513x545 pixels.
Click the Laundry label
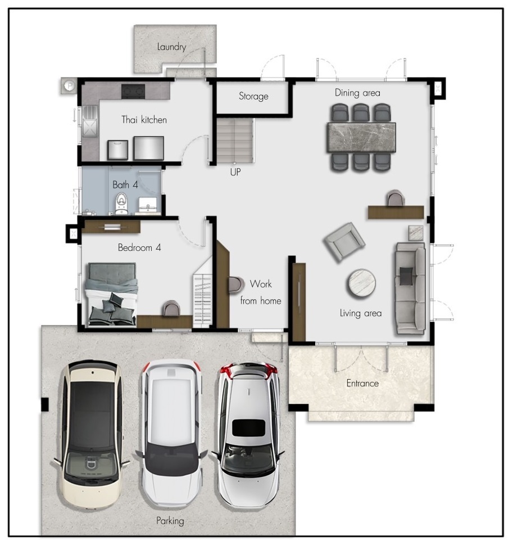coord(171,47)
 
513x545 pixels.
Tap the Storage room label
coord(253,96)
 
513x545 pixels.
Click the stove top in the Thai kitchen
coord(133,91)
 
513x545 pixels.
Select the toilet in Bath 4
coord(121,204)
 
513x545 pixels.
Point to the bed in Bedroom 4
coord(111,294)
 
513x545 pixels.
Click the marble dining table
coord(361,137)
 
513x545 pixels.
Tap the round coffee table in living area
coord(361,283)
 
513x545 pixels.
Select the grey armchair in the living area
coord(344,242)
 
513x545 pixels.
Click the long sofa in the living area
coord(410,288)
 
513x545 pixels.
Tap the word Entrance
coord(362,383)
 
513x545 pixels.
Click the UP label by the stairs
coord(235,172)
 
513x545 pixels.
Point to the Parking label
coord(170,521)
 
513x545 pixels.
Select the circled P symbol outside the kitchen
coord(70,85)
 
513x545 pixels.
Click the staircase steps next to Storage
coord(235,141)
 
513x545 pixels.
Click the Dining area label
coord(357,93)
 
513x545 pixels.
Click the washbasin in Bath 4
coord(148,205)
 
